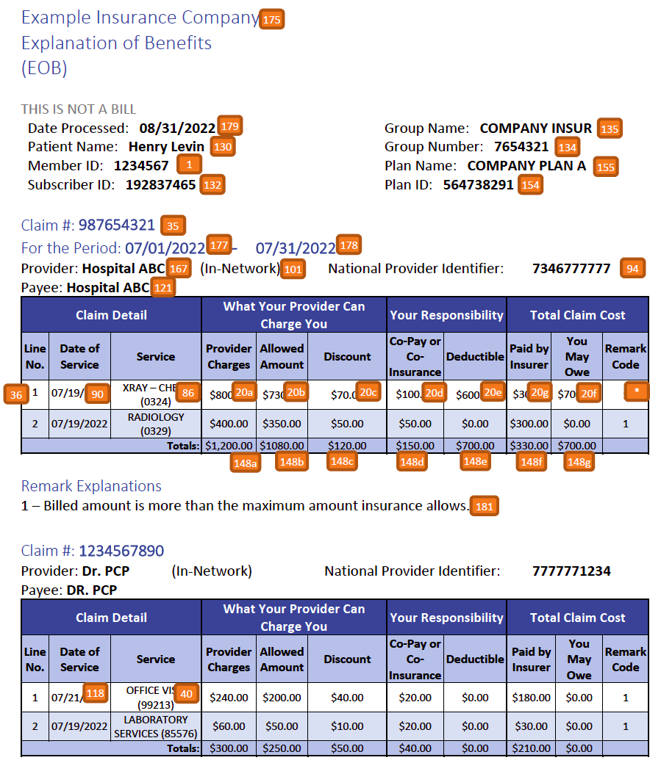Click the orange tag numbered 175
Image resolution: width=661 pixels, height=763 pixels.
tap(271, 20)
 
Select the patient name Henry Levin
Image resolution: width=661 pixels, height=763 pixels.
tap(166, 147)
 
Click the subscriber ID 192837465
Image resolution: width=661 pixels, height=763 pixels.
tap(160, 185)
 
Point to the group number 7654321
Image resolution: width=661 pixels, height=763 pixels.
tap(521, 147)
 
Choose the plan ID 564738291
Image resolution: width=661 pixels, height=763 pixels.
tap(478, 185)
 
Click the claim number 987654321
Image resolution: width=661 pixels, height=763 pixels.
tap(117, 225)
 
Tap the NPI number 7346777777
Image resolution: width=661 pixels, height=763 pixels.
tap(571, 269)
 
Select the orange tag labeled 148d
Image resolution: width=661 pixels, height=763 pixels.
tap(412, 462)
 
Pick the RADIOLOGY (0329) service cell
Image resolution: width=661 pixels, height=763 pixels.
tap(156, 424)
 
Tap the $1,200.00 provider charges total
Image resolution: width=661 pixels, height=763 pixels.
tap(229, 446)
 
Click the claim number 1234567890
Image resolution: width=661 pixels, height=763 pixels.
tap(121, 551)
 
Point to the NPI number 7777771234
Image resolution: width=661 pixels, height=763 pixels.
tap(571, 571)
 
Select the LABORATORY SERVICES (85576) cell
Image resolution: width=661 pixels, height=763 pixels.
tap(156, 726)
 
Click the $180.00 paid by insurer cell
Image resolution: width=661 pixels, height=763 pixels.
tap(529, 698)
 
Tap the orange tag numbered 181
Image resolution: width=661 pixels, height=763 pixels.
tap(484, 506)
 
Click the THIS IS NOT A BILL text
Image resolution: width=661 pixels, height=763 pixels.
tap(79, 109)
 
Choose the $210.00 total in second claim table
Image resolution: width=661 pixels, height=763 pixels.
tap(529, 748)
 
